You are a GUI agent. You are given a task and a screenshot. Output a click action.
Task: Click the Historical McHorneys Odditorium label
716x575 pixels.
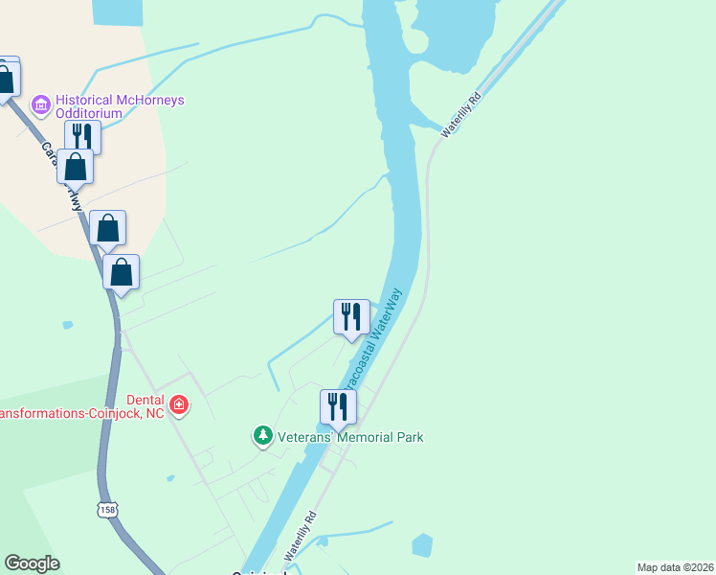pyautogui.click(x=120, y=106)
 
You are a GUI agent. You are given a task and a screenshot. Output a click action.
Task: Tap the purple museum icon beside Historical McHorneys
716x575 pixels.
pyautogui.click(x=40, y=102)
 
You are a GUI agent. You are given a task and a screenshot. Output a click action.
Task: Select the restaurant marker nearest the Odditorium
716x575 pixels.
pyautogui.click(x=83, y=136)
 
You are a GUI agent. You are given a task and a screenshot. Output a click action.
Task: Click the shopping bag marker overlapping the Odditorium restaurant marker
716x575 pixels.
pyautogui.click(x=75, y=167)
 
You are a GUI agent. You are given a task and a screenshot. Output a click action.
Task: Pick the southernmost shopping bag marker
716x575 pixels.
pyautogui.click(x=122, y=272)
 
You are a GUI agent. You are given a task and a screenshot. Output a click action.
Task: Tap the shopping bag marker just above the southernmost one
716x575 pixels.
pyautogui.click(x=108, y=228)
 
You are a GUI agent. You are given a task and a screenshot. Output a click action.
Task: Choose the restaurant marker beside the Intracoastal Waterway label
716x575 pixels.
pyautogui.click(x=351, y=316)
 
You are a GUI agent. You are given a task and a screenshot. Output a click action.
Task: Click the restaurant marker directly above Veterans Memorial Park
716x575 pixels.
pyautogui.click(x=338, y=406)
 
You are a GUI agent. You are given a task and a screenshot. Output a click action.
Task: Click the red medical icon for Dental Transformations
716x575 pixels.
pyautogui.click(x=178, y=406)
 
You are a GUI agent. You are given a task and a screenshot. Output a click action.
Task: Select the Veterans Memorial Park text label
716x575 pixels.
pyautogui.click(x=349, y=438)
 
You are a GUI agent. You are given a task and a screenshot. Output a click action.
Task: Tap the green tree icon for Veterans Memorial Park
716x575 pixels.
pyautogui.click(x=262, y=437)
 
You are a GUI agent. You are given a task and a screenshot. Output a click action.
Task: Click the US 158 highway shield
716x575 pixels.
pyautogui.click(x=106, y=511)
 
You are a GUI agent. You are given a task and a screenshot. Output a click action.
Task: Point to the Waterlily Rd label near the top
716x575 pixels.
pyautogui.click(x=460, y=115)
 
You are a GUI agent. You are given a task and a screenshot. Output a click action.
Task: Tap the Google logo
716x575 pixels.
pyautogui.click(x=32, y=563)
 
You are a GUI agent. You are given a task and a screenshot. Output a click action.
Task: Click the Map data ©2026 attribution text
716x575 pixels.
pyautogui.click(x=676, y=567)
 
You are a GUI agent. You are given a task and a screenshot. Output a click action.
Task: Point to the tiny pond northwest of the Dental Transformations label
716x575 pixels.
pyautogui.click(x=67, y=325)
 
